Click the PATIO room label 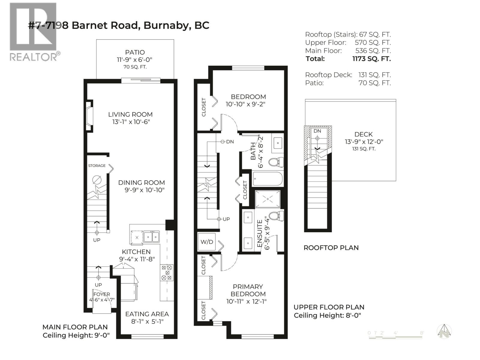[135, 52]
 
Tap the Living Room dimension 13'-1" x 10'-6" [130, 122]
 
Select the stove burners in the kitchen [166, 272]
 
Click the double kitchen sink [151, 237]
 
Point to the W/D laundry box [207, 242]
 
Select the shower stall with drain [267, 199]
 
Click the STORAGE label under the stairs [97, 166]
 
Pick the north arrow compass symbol [445, 331]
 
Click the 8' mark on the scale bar [421, 333]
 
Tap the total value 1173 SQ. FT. [371, 59]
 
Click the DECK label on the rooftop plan [363, 134]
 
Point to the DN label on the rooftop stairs [317, 131]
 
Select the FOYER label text [102, 294]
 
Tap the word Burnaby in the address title [167, 25]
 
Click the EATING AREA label [147, 314]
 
